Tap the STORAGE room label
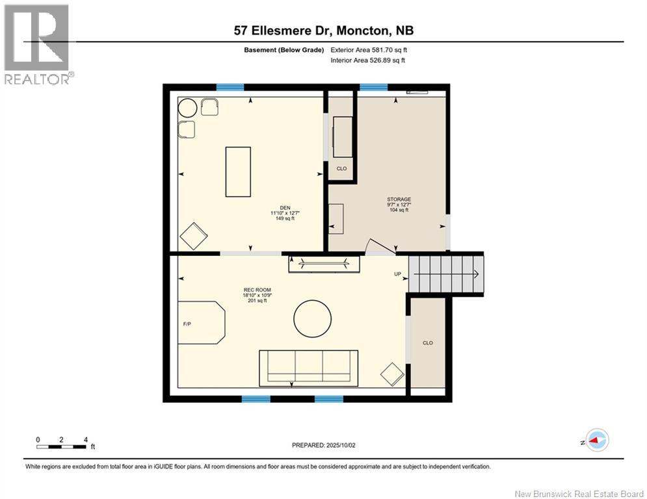tap(399, 199)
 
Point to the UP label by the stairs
tap(398, 274)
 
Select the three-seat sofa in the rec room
tap(308, 367)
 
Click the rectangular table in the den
tap(238, 172)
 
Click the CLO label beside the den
tap(341, 168)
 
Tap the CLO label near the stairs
tap(427, 343)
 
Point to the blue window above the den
tap(230, 87)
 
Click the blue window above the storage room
tap(374, 87)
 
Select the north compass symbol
tap(596, 440)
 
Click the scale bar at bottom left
tap(62, 446)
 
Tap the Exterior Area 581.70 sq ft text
tap(369, 50)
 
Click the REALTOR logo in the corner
tap(37, 44)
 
